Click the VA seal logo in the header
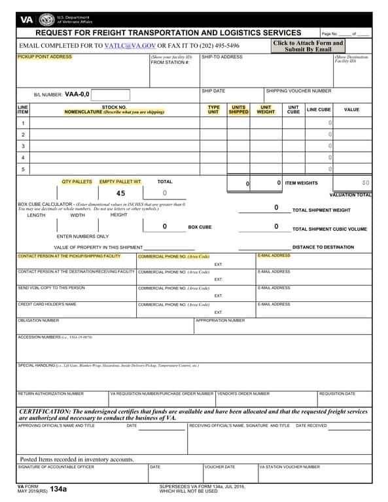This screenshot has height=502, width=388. (x=46, y=20)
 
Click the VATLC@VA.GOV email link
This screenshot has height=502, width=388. (x=130, y=46)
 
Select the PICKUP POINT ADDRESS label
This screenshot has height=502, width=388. (x=44, y=57)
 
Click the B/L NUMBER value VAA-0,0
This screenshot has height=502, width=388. (x=77, y=94)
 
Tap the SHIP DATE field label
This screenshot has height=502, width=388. (x=213, y=91)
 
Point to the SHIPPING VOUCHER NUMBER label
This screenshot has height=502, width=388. (x=298, y=91)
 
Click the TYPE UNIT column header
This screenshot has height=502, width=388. (x=213, y=110)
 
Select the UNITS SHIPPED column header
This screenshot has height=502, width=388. (x=239, y=110)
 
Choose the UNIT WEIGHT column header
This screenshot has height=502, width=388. (x=266, y=110)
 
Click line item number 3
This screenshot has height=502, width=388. (x=23, y=146)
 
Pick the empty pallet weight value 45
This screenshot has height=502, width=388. (x=120, y=193)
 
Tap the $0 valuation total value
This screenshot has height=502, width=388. (x=366, y=182)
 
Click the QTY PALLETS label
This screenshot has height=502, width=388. (x=77, y=181)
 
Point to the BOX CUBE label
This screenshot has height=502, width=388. (x=200, y=227)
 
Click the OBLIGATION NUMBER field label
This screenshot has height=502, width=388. (x=38, y=320)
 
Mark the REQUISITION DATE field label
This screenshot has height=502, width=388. (x=337, y=393)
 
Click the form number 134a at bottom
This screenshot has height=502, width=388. (x=58, y=489)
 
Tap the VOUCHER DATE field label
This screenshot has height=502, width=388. (x=220, y=467)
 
